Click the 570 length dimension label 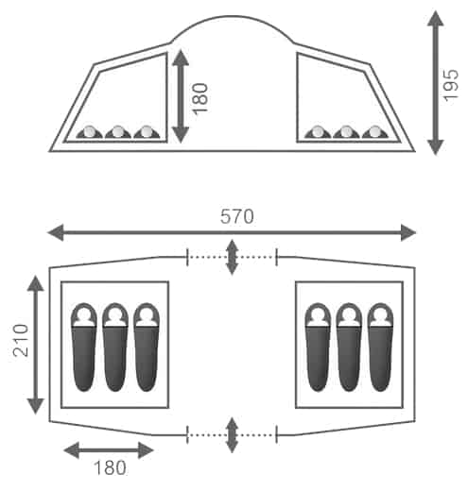pos(236,216)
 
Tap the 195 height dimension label pos(450,85)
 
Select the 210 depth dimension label pos(21,340)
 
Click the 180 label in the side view pos(199,98)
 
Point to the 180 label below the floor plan pos(110,467)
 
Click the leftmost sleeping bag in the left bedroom pos(84,347)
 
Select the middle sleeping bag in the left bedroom pos(115,347)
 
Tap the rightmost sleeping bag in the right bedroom pos(380,347)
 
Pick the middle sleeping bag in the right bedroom pos(349,347)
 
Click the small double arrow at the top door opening pos(232,257)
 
